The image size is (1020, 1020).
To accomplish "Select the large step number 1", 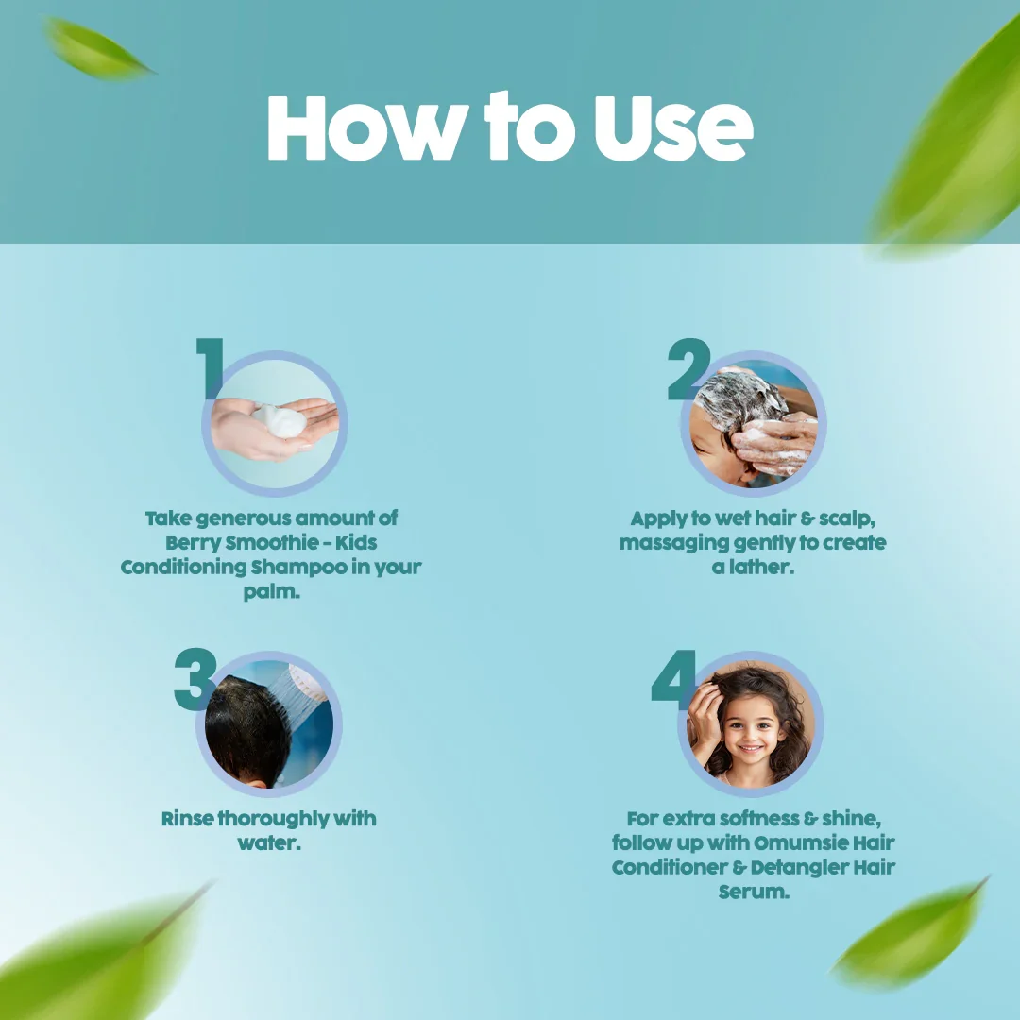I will coord(211,368).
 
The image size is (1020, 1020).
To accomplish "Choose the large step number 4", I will coord(674,676).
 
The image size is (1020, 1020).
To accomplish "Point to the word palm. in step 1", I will coord(272,592).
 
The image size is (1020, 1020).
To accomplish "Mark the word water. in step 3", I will coord(269,842).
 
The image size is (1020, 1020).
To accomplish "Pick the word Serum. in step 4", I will coord(753,892).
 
